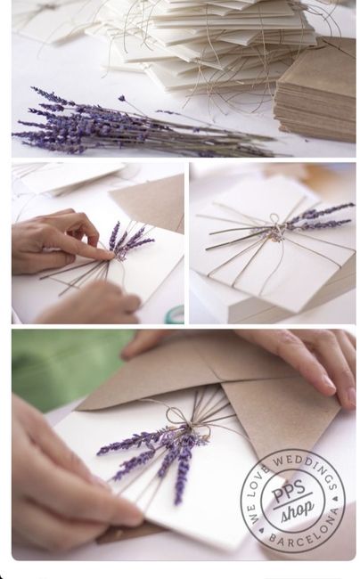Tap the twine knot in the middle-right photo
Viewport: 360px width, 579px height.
(x=277, y=229)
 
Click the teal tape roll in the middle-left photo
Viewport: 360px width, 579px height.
(x=176, y=314)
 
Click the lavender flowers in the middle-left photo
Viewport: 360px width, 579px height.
(x=129, y=239)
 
